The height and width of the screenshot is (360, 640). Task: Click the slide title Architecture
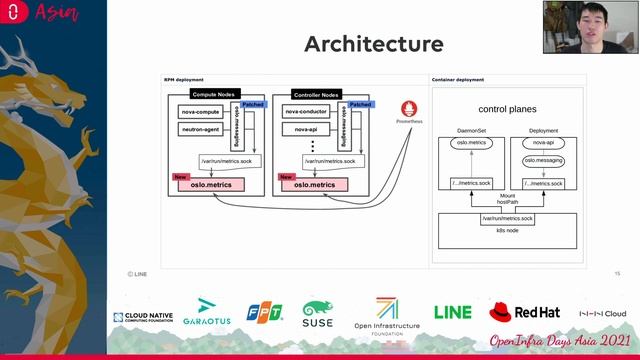[x=373, y=44]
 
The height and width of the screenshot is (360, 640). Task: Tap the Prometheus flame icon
[x=408, y=108]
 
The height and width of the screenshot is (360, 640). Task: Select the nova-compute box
[x=200, y=112]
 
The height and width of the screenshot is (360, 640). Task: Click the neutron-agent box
[x=200, y=130]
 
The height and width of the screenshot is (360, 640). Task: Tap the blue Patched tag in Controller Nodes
[x=360, y=104]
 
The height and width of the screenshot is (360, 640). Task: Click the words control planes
[x=507, y=109]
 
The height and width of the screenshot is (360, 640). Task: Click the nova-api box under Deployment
[x=543, y=143]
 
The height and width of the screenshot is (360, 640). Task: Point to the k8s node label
[x=507, y=230]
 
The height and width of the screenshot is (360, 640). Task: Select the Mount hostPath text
[x=507, y=200]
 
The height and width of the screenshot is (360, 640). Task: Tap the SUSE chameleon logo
[x=318, y=313]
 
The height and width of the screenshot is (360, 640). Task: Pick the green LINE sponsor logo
[x=452, y=313]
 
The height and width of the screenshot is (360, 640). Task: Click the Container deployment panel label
[x=459, y=78]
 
